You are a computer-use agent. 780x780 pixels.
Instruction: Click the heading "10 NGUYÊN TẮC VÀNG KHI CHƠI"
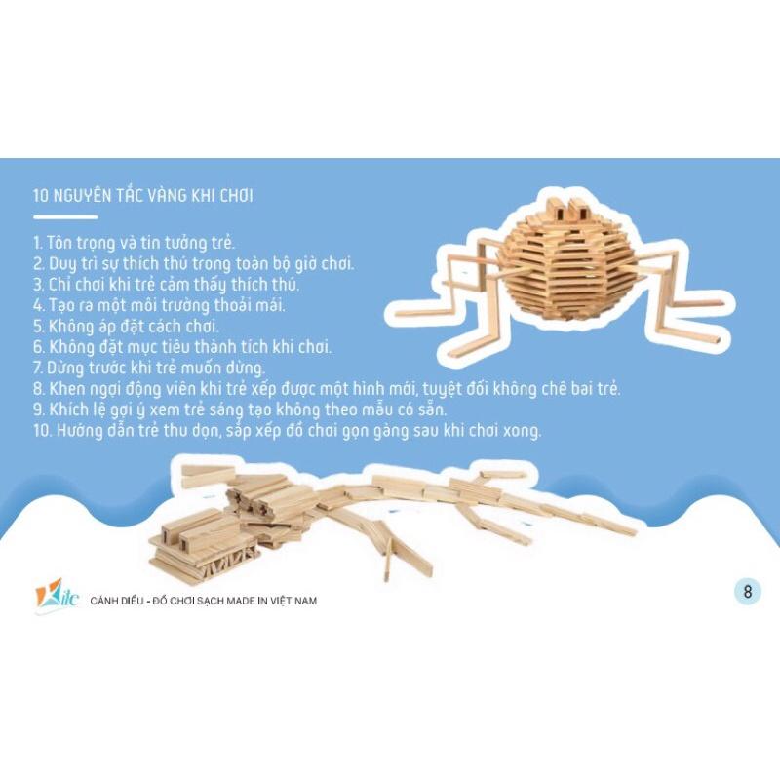tap(142, 195)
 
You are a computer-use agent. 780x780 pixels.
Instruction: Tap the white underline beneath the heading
tap(65, 217)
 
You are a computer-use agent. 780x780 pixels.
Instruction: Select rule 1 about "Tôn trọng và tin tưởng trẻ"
tap(134, 243)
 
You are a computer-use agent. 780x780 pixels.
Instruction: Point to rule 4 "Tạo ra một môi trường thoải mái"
tap(159, 305)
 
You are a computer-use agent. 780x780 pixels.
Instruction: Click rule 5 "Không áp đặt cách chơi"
tap(127, 326)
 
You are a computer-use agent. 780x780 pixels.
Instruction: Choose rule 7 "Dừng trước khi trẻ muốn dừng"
tap(149, 368)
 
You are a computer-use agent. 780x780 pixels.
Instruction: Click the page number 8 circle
tap(747, 592)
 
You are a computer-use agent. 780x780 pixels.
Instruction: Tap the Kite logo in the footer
tap(57, 595)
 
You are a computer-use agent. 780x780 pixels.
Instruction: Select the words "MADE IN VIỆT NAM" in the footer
tap(271, 601)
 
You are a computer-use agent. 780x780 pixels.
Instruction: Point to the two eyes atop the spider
tap(567, 209)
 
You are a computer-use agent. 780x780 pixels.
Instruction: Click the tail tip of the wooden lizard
tap(632, 530)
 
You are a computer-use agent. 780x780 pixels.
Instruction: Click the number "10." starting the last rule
tap(43, 430)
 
